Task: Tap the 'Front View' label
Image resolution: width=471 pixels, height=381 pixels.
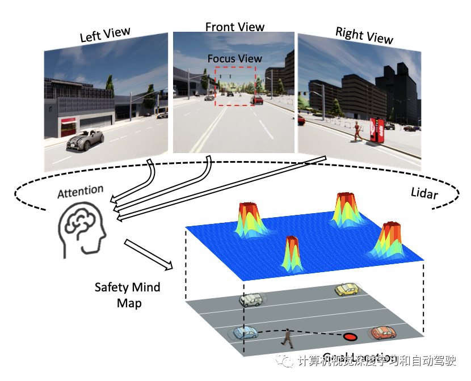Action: point(235,27)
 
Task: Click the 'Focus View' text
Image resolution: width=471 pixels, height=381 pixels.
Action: point(235,58)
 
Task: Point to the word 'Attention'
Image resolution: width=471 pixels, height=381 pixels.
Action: point(81,192)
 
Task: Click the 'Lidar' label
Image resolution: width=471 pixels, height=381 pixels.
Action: point(424,193)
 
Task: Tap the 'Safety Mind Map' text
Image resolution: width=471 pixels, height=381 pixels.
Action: point(127,295)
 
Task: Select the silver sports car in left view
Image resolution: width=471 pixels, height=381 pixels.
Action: point(85,138)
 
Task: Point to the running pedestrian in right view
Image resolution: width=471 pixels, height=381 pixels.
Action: point(356,132)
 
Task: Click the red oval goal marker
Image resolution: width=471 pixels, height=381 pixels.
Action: point(351,337)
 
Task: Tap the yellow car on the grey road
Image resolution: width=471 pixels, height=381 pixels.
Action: point(347,290)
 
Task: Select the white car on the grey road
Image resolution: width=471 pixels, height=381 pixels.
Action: point(251,299)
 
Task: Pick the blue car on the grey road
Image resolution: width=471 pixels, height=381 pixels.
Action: point(246,333)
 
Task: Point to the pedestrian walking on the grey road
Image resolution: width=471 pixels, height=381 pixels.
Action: point(288,338)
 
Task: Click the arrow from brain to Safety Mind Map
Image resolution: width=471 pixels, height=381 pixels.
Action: point(148,253)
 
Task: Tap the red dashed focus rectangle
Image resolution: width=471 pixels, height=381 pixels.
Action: point(235,86)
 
